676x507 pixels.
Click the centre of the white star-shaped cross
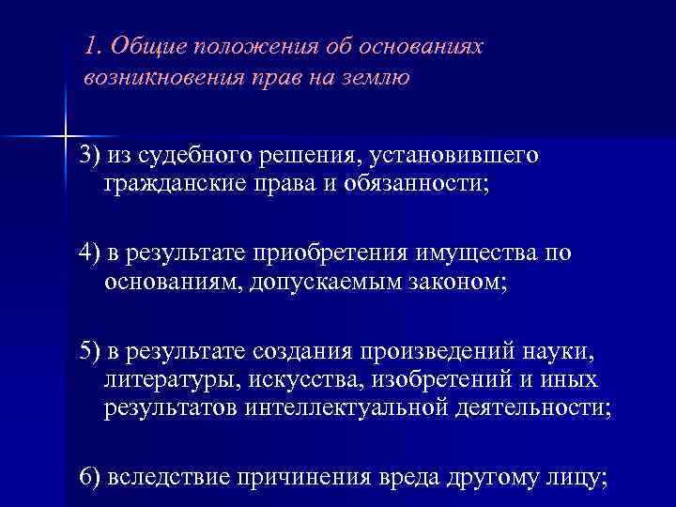(x=64, y=136)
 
